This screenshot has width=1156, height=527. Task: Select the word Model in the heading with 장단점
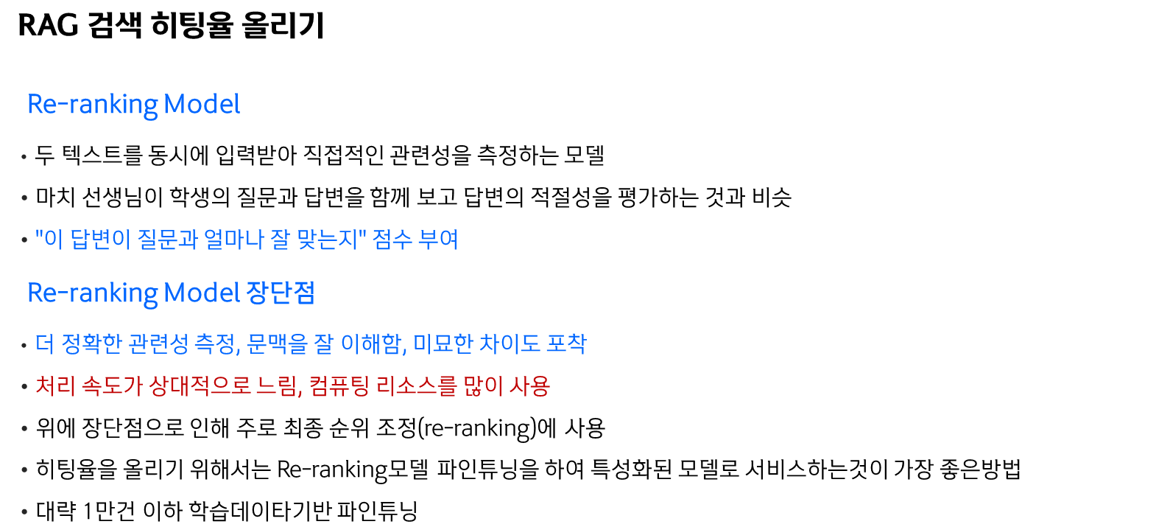pyautogui.click(x=201, y=293)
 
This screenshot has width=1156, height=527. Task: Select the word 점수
pyautogui.click(x=392, y=240)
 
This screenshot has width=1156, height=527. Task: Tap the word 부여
pyautogui.click(x=438, y=240)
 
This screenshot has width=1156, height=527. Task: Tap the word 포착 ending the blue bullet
pyautogui.click(x=566, y=344)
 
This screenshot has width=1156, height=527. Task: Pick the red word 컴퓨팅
pyautogui.click(x=339, y=386)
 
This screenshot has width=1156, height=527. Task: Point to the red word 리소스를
pyautogui.click(x=417, y=386)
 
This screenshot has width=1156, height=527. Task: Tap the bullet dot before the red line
pyautogui.click(x=24, y=387)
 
